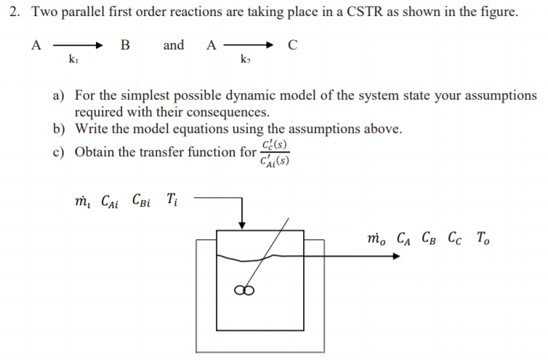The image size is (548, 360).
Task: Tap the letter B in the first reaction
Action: pos(125,46)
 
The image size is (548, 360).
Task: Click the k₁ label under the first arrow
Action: pos(73,58)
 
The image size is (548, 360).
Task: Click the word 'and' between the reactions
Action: pos(174,46)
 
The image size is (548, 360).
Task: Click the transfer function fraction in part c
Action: pos(275,153)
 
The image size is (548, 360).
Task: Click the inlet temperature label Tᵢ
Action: pos(171,199)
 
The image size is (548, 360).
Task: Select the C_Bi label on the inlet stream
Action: pos(144,199)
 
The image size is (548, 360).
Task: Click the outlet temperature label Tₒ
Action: pos(483,237)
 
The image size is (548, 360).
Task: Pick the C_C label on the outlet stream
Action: pos(456,237)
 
